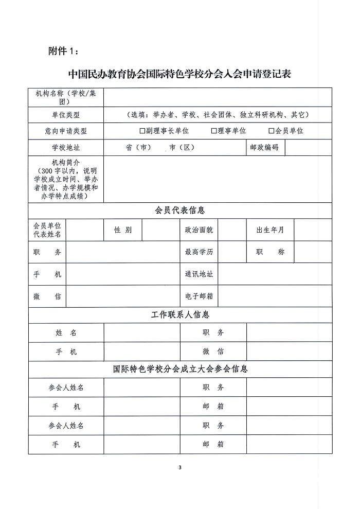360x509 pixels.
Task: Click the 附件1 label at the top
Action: [x=64, y=51]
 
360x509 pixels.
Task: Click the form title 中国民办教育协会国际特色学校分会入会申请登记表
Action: [x=179, y=74]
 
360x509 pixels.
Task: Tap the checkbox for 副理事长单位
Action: [x=142, y=131]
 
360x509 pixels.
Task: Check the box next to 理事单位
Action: [x=214, y=131]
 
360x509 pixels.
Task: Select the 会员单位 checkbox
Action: [x=272, y=131]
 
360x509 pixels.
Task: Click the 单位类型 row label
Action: [x=66, y=114]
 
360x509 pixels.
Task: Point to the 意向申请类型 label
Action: [x=66, y=131]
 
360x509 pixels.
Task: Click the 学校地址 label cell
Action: [x=66, y=147]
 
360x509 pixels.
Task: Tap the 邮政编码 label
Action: [x=264, y=147]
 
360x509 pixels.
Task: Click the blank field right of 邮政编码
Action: [x=308, y=147]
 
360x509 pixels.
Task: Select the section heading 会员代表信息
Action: [x=179, y=210]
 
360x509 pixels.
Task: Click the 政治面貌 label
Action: [x=199, y=230]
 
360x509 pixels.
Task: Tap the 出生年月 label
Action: [x=270, y=230]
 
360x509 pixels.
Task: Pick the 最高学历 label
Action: [x=199, y=252]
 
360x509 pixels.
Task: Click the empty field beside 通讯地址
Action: [x=275, y=274]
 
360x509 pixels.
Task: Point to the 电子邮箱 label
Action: [x=199, y=296]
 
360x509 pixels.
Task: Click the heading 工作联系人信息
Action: [x=179, y=314]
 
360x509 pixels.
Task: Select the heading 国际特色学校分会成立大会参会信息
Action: [x=179, y=369]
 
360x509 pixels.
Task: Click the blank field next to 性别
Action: [x=160, y=230]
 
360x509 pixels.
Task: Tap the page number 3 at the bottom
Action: [x=179, y=468]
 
